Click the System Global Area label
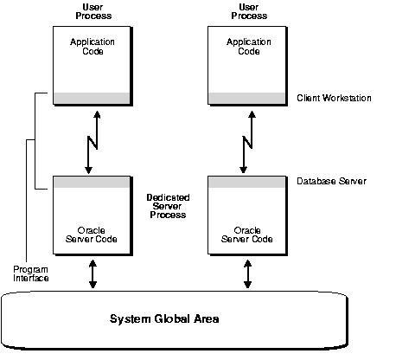click(164, 318)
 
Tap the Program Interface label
click(30, 274)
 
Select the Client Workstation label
click(334, 98)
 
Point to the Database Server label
click(331, 181)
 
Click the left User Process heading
click(92, 12)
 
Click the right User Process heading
click(247, 12)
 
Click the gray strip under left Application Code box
click(92, 98)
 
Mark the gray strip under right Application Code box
click(247, 98)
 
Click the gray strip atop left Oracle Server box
click(92, 182)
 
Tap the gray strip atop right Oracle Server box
click(247, 182)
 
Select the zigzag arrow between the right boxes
click(247, 139)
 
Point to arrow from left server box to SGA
click(92, 273)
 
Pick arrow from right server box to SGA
click(247, 273)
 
